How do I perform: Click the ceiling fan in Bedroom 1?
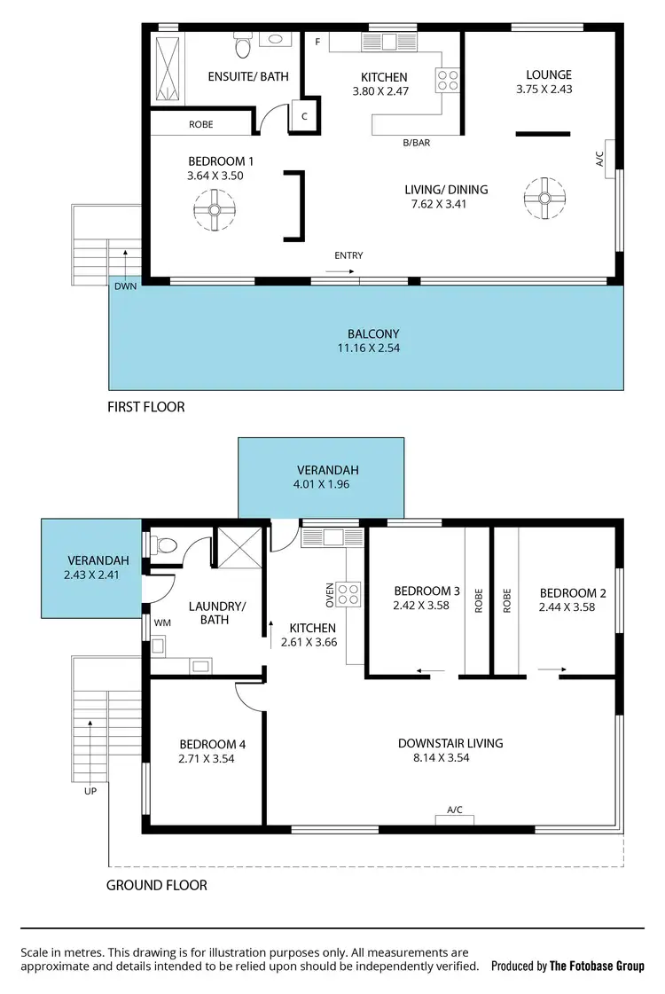coord(214,211)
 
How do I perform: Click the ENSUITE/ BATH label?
coord(248,77)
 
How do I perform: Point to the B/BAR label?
coord(415,142)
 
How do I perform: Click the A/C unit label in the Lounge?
coord(598,160)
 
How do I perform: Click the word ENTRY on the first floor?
coord(348,255)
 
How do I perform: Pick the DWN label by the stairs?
coord(124,286)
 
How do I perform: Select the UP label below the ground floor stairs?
coord(90,791)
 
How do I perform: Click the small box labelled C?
coord(304,116)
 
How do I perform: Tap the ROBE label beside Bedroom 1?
coord(201,125)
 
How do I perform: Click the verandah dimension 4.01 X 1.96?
coord(321,485)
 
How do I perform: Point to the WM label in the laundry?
coord(162,623)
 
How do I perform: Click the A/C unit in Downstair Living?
coord(455,818)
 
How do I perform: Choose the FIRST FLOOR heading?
coord(146,407)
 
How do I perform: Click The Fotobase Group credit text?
coord(596,967)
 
